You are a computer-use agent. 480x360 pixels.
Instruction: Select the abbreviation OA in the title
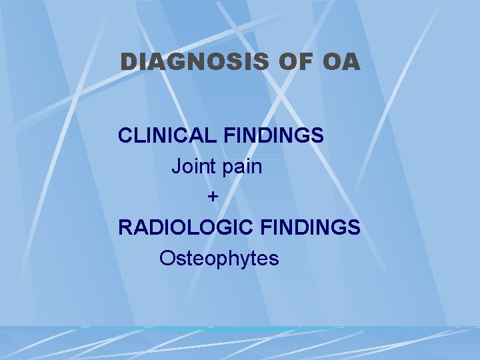340,62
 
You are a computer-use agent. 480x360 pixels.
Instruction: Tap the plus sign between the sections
213,197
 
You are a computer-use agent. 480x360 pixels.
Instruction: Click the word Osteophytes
219,259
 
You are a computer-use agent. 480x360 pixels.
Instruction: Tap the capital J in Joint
177,167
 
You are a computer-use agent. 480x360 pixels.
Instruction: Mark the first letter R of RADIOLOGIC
125,227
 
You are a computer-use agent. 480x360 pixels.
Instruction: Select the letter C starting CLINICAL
125,135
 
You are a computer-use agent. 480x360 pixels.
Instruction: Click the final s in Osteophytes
274,259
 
